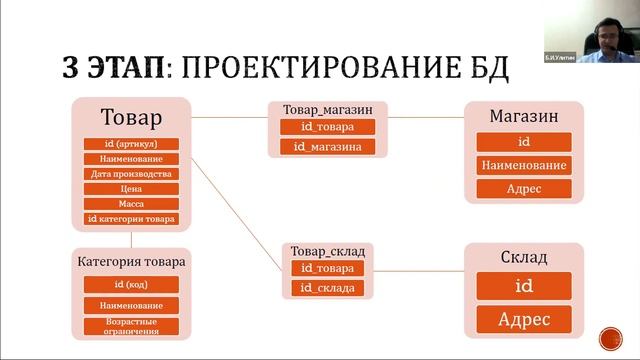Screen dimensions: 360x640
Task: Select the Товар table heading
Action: click(131, 119)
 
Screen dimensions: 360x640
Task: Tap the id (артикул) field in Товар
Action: click(131, 144)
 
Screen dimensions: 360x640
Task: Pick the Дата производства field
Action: click(131, 173)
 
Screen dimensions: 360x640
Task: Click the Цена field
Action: click(131, 188)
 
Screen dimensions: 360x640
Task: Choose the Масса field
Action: click(131, 203)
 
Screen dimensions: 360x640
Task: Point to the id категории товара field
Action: click(131, 218)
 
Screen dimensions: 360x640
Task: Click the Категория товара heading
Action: click(131, 262)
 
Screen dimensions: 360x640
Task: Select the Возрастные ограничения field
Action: click(131, 325)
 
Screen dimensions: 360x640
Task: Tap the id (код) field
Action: click(131, 285)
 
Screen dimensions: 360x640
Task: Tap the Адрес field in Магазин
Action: click(523, 188)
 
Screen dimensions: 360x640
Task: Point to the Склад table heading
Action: click(523, 257)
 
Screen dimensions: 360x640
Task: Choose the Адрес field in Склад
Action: click(523, 320)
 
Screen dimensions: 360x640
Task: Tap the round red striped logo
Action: click(609, 337)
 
